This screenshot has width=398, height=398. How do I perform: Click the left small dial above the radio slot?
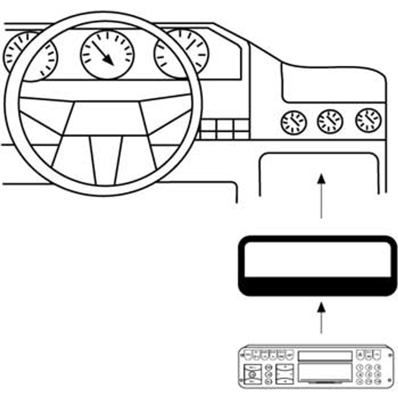pos(293,122)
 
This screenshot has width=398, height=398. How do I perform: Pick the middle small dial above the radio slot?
pos(330,121)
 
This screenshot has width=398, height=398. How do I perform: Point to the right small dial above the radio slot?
pos(368,120)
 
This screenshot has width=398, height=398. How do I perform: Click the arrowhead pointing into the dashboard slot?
pos(321,178)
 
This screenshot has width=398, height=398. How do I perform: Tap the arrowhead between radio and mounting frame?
pos(321,307)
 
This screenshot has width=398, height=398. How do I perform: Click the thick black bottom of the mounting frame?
pos(318,286)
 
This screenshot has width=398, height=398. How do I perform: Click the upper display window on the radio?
pos(325,356)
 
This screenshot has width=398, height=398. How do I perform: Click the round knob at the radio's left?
pos(252,375)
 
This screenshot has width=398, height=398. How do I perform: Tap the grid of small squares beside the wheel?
pos(225,129)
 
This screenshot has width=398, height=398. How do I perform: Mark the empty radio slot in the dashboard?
pos(319,173)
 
